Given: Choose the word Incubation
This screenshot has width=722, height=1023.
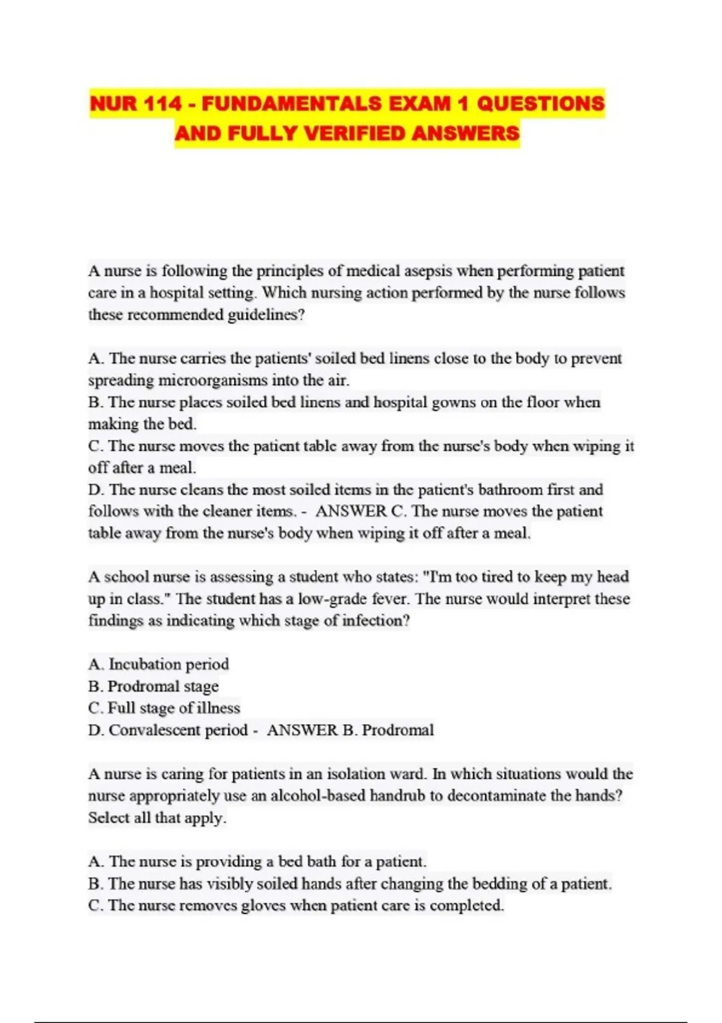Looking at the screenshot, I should tap(145, 664).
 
